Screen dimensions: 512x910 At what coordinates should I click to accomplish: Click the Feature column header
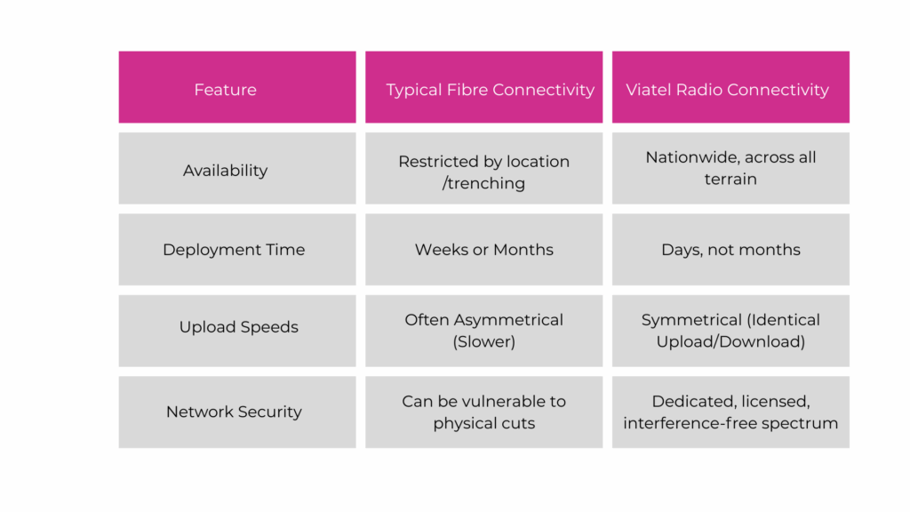(225, 90)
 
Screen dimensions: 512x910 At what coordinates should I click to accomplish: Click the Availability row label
(225, 171)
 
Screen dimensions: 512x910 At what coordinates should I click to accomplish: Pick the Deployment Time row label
(234, 250)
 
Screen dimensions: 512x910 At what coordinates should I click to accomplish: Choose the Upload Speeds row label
(238, 327)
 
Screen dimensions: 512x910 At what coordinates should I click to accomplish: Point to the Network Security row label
(234, 412)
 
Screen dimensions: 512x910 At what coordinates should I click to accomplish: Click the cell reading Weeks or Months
(483, 250)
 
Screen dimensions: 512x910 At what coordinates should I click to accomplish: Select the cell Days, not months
(730, 250)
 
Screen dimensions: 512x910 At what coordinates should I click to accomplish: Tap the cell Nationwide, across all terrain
(730, 168)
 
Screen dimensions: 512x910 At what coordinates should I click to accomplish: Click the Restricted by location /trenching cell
(483, 172)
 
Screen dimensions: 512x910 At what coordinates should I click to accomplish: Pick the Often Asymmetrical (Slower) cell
(483, 330)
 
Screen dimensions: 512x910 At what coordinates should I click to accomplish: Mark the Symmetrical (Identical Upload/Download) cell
(730, 330)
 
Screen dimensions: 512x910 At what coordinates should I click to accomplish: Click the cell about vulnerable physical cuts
(483, 412)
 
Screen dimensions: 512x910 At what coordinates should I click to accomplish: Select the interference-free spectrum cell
(730, 412)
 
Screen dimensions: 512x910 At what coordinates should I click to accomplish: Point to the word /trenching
(483, 184)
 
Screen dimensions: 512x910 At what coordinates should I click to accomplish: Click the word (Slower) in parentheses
(483, 341)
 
